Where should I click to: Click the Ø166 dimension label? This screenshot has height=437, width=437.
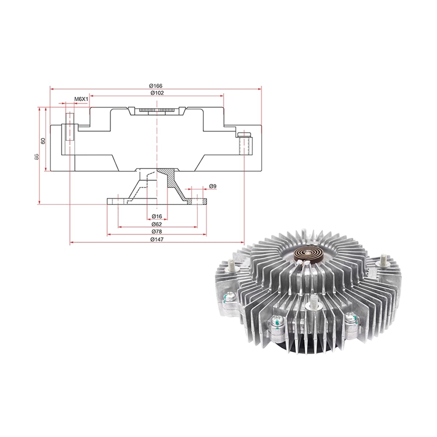[x=155, y=86]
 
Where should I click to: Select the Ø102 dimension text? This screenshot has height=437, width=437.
[x=157, y=93]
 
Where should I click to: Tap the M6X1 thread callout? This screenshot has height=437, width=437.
[x=81, y=99]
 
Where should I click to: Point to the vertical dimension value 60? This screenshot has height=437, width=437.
[x=43, y=141]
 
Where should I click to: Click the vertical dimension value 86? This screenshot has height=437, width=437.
[x=36, y=157]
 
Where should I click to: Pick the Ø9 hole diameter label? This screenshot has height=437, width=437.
[x=212, y=186]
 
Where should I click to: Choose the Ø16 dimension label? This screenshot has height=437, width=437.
[x=157, y=216]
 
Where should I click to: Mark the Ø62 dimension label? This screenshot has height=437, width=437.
[x=157, y=224]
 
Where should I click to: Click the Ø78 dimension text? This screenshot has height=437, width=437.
[x=157, y=232]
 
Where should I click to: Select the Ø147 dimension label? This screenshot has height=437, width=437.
[x=157, y=240]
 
